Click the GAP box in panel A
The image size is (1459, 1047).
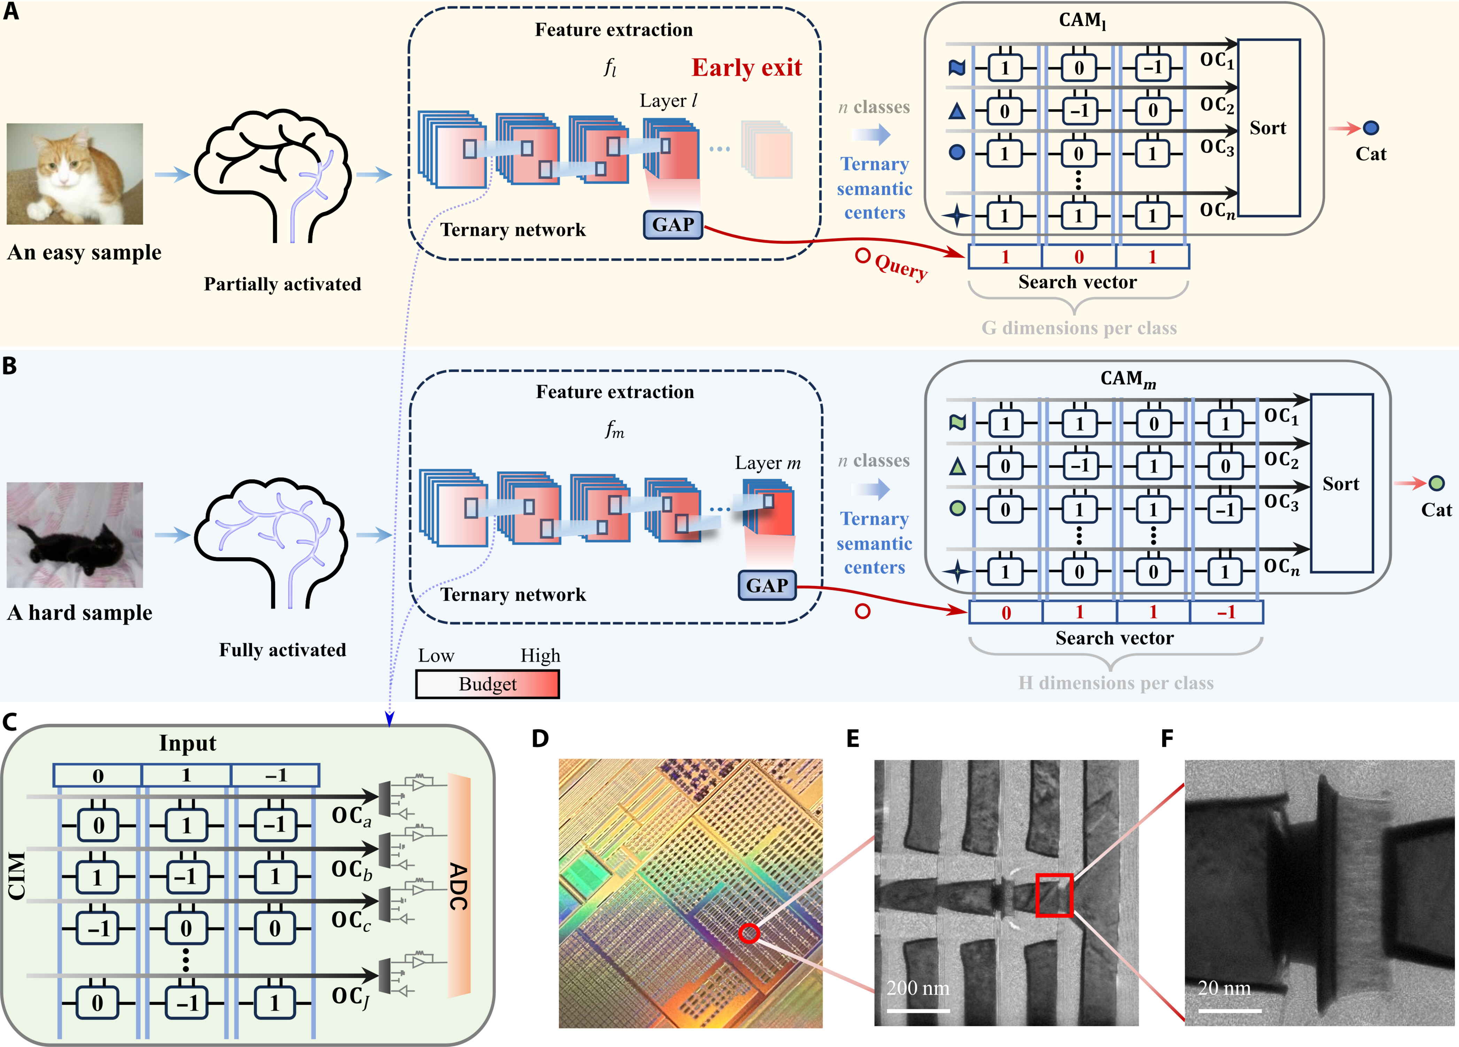(673, 225)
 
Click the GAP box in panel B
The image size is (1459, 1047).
(767, 585)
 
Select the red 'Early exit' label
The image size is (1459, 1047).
(746, 68)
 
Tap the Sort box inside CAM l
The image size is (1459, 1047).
(1268, 128)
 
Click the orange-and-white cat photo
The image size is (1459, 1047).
(75, 174)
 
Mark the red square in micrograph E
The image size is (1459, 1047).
(1054, 894)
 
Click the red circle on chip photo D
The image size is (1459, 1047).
(749, 933)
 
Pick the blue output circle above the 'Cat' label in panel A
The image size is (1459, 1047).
(1371, 128)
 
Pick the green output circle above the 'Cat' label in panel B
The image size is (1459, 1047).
(1436, 483)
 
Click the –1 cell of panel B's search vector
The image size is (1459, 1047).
(1226, 612)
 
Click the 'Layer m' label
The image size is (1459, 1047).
(767, 463)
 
